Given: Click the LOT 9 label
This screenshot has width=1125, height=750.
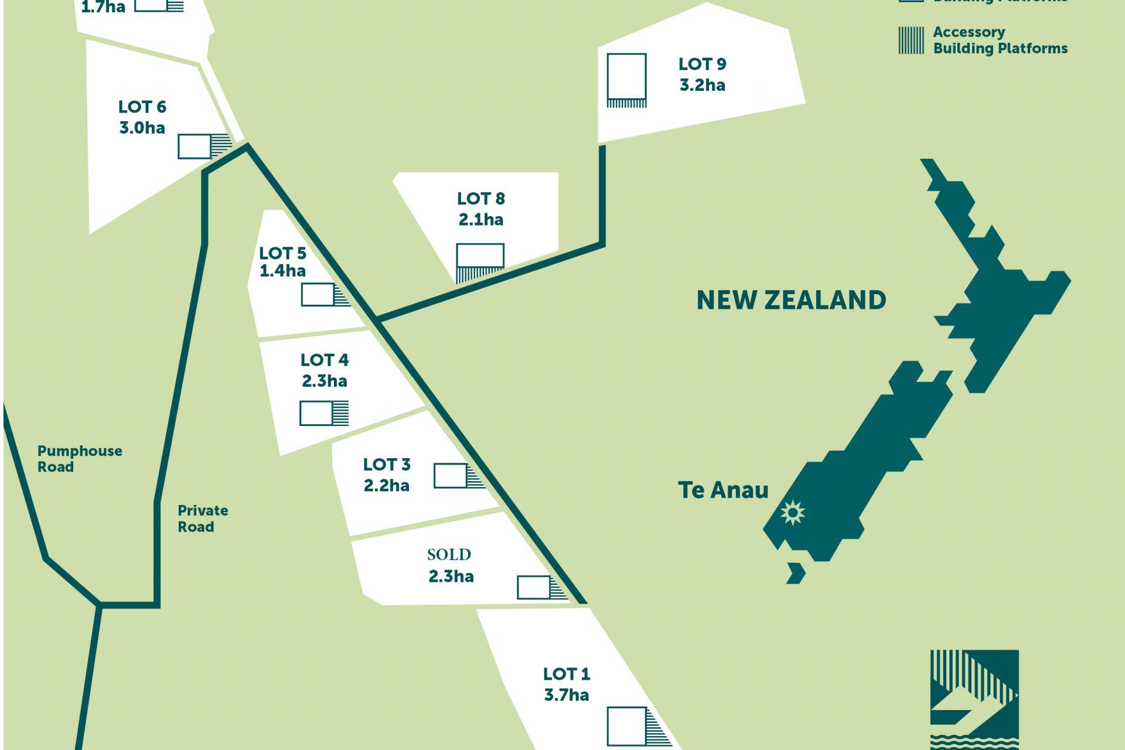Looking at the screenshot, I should tap(702, 64).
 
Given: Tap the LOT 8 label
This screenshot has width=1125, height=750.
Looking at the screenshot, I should tap(480, 199).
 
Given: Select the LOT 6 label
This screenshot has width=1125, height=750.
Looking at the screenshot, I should tap(142, 107).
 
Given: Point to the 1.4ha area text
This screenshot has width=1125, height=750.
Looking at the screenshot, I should tap(282, 271).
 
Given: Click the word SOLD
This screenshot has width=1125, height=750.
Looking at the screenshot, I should tap(449, 554).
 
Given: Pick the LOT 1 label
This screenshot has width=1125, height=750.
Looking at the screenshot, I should tap(566, 674).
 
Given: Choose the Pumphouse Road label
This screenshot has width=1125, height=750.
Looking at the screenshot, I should tap(80, 459).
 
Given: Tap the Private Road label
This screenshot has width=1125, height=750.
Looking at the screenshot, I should tap(203, 519).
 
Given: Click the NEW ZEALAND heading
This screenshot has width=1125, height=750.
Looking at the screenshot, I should tap(791, 300).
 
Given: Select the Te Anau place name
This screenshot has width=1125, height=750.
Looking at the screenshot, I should tap(723, 490).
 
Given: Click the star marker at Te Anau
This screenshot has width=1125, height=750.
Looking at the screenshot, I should tap(793, 513).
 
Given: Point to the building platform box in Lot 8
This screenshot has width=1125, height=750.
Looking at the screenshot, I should tap(480, 255).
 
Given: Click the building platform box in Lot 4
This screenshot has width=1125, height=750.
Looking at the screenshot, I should tap(316, 413).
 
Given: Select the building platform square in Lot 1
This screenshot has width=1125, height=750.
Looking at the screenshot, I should tap(626, 727).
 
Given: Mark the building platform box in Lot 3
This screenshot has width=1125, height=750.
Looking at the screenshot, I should tap(450, 476).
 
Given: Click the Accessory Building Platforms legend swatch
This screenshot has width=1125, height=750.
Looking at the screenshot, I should tap(911, 40).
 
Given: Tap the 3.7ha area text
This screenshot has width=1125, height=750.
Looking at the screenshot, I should tap(566, 695).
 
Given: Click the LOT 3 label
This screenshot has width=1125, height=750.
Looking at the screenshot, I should tap(387, 465).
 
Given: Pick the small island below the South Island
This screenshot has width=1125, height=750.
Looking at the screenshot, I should tap(796, 573).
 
